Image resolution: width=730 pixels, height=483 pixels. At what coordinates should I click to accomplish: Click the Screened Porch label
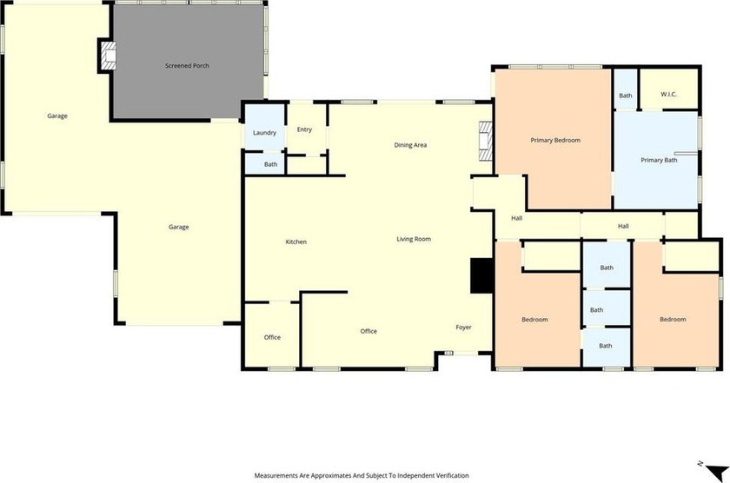click(x=187, y=66)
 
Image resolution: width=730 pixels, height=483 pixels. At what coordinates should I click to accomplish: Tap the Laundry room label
click(x=264, y=133)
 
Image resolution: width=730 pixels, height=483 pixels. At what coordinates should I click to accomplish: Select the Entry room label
click(x=304, y=129)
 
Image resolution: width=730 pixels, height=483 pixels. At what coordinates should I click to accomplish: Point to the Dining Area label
click(x=410, y=145)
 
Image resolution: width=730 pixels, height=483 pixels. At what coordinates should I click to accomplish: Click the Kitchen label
click(x=296, y=241)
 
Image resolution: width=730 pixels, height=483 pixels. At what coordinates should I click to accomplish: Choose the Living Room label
click(x=414, y=239)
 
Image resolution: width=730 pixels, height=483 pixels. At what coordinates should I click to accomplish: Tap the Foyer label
click(x=464, y=328)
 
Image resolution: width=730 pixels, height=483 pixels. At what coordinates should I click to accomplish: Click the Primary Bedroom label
click(x=555, y=140)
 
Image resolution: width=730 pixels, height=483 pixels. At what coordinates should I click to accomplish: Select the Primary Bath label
click(x=659, y=160)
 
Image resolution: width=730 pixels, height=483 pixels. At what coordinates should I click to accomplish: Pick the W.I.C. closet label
click(x=668, y=95)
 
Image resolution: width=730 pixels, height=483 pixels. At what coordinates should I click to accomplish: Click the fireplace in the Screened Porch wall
click(x=109, y=56)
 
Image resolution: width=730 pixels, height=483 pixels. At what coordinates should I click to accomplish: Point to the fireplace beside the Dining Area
click(x=486, y=142)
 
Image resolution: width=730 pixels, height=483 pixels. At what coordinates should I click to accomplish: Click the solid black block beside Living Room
click(x=481, y=276)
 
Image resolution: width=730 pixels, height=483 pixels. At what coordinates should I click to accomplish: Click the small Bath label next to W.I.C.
click(x=626, y=96)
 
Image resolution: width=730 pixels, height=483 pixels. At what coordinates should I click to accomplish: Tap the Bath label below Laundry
click(x=270, y=164)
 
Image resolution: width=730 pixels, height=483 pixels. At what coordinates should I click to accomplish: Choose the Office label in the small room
click(x=272, y=337)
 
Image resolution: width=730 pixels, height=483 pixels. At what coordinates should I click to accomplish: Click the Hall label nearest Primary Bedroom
click(x=517, y=218)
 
